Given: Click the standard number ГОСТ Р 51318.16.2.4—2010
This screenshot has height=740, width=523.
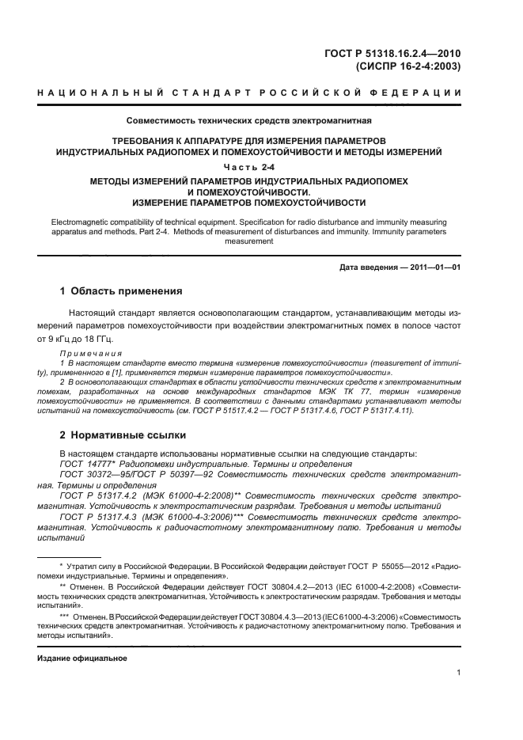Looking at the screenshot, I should tap(394, 54).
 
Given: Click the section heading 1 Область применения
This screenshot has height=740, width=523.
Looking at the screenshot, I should tap(122, 291).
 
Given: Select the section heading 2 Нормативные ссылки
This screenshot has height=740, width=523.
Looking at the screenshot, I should tap(123, 435).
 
